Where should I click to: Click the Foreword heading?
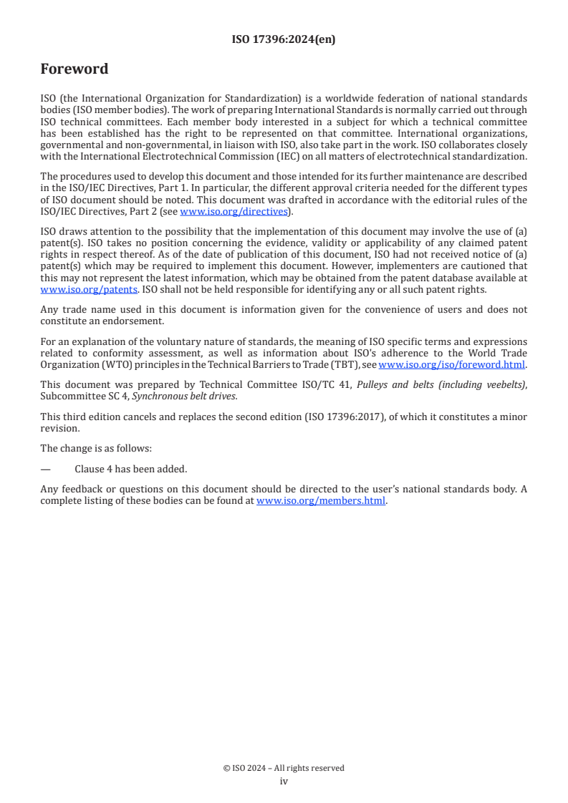tap(74, 69)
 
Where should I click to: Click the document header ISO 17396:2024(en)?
tap(284, 40)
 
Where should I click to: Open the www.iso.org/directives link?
tap(233, 211)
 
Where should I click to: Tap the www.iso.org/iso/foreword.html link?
tap(451, 364)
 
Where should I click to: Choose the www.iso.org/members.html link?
tap(321, 501)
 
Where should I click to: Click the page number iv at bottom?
tap(284, 781)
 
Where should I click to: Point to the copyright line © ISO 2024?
tap(284, 768)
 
